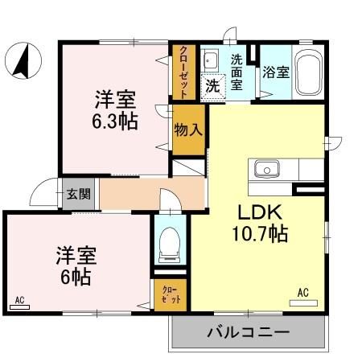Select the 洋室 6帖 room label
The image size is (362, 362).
[x=76, y=267]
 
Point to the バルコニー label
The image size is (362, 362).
[x=248, y=331]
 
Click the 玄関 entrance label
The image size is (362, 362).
[x=79, y=194]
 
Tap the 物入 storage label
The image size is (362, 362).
[x=188, y=129]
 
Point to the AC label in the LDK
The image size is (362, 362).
[x=304, y=293]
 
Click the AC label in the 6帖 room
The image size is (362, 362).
[x=19, y=300]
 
